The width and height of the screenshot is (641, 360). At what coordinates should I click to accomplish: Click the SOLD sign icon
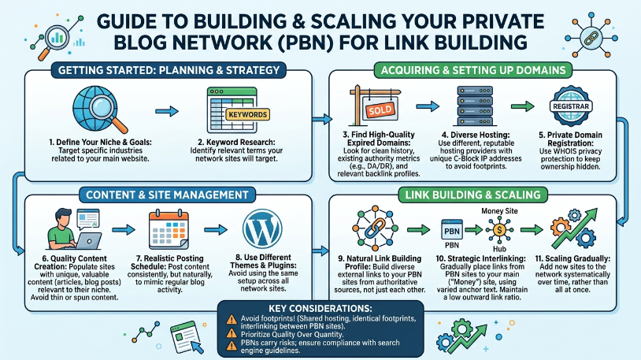click(x=375, y=106)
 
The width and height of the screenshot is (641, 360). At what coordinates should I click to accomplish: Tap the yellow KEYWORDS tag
click(x=248, y=114)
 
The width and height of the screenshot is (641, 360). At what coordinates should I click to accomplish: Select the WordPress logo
click(x=262, y=228)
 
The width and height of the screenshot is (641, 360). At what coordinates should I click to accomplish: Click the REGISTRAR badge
click(x=571, y=106)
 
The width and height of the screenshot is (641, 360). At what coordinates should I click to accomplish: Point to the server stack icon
click(x=475, y=106)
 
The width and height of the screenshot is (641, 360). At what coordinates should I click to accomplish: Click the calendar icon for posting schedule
click(x=169, y=229)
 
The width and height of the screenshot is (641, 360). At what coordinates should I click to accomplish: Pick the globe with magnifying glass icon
click(x=99, y=109)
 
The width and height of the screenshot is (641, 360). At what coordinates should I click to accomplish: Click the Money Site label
click(x=499, y=211)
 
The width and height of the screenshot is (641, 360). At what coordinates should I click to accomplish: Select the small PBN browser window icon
click(x=452, y=229)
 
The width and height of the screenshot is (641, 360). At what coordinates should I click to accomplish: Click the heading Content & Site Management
click(x=167, y=195)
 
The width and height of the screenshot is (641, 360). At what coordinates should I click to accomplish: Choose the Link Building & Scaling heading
click(x=473, y=195)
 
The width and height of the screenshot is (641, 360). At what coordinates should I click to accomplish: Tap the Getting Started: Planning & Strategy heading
click(x=169, y=70)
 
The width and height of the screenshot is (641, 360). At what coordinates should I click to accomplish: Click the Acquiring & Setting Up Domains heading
click(x=473, y=70)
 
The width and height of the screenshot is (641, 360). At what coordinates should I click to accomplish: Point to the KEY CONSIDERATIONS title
click(x=320, y=309)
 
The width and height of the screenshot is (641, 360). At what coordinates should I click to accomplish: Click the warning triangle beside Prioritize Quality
click(x=232, y=332)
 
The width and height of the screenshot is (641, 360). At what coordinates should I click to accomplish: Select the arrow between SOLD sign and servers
click(x=427, y=106)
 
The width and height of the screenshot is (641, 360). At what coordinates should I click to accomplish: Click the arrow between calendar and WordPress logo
click(x=216, y=229)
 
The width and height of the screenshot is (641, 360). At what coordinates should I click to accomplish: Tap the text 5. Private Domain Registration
click(x=570, y=139)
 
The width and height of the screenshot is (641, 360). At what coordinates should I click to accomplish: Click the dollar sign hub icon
click(x=499, y=230)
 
